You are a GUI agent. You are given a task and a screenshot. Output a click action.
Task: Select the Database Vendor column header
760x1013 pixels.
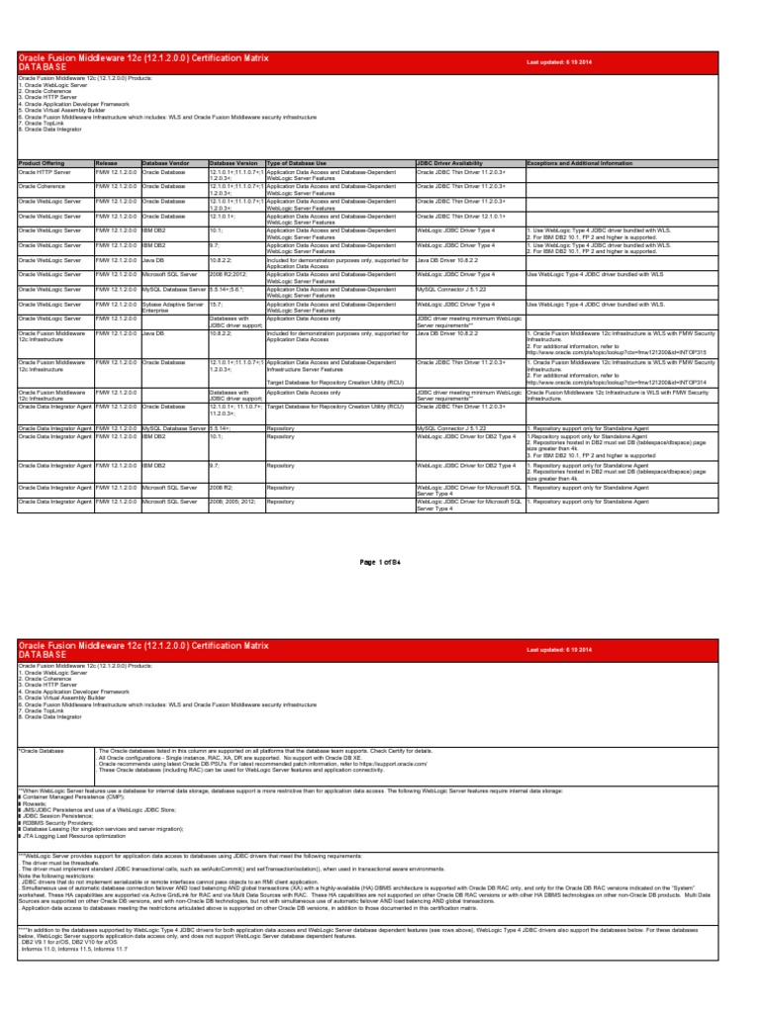pos(165,161)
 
